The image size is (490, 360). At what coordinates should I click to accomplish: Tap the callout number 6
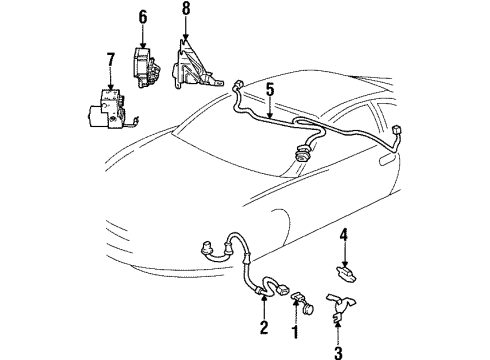click(x=142, y=17)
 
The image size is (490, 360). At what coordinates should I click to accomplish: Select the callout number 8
click(x=185, y=12)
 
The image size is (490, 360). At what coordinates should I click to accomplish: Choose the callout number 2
click(x=263, y=326)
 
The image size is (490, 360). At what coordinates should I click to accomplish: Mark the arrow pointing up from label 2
click(x=263, y=308)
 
